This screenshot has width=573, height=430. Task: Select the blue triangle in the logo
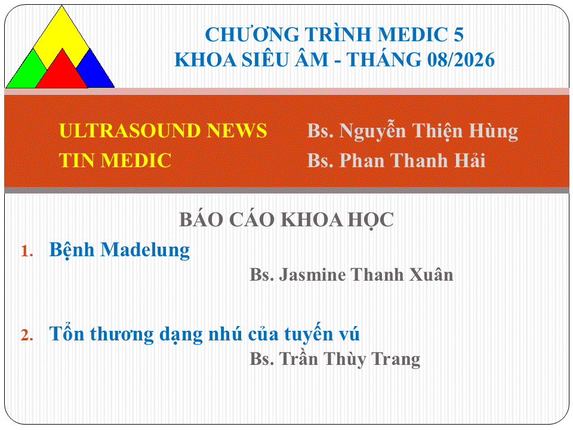(x=94, y=72)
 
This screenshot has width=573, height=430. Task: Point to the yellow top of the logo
(x=61, y=33)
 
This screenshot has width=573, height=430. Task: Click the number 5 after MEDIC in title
(x=458, y=35)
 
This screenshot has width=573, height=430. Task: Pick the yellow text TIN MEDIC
(x=115, y=160)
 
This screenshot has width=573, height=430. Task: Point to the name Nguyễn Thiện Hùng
(x=429, y=131)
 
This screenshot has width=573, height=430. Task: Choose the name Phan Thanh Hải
(x=412, y=160)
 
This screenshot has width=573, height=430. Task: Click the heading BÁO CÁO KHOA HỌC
(x=286, y=220)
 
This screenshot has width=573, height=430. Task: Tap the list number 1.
(x=27, y=251)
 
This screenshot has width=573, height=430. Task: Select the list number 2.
(x=27, y=335)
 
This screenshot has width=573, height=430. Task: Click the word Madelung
(x=145, y=250)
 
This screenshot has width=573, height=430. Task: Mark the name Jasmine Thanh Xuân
(x=366, y=275)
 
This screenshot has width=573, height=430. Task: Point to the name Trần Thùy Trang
(x=350, y=359)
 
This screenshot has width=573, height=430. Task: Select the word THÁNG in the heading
(x=383, y=60)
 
